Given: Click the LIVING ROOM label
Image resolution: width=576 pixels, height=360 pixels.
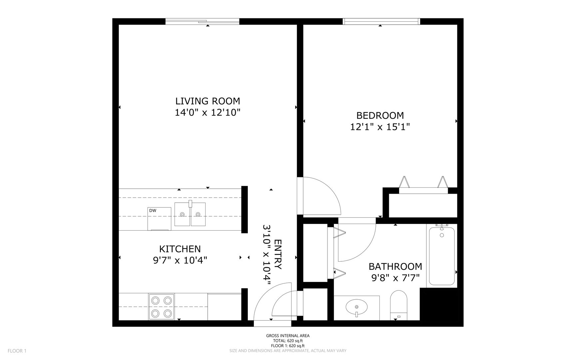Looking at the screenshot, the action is click(208, 101).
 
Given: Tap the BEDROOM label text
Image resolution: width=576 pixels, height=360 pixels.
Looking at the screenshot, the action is click(380, 116).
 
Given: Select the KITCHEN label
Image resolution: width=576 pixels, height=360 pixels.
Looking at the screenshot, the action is click(180, 249).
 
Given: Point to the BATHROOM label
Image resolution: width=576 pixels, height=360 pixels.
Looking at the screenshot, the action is click(395, 267).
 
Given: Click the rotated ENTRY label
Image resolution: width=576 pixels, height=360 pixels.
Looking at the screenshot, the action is click(278, 254).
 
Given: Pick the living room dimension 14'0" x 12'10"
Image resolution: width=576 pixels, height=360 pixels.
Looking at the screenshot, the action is click(208, 113).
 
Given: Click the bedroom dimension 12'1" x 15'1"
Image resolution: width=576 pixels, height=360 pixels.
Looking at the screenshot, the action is click(380, 127).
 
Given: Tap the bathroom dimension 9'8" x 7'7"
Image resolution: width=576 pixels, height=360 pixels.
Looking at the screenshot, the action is click(395, 278).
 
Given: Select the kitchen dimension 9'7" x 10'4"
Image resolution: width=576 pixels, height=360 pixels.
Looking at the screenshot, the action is click(180, 260).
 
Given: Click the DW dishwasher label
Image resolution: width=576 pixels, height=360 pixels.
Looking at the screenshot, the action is click(153, 210).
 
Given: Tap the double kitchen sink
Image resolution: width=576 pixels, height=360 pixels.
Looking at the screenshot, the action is click(190, 214).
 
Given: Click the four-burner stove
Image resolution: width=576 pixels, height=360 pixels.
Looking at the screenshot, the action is click(162, 307).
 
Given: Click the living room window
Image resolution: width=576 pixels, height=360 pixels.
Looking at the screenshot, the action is click(203, 22).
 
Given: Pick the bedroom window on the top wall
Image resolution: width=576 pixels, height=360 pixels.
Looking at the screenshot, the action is click(381, 22).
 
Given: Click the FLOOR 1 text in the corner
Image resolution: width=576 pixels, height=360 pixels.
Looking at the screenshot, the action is click(17, 351).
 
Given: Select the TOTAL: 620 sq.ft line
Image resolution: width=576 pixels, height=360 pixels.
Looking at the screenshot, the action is click(288, 341).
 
